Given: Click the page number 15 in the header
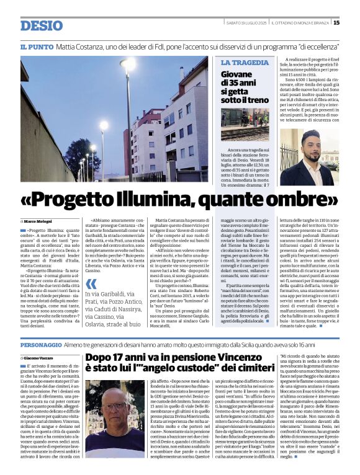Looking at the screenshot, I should (x=336, y=23).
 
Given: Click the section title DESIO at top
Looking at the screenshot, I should (x=41, y=25).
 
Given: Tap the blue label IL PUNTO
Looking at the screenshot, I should (x=36, y=47).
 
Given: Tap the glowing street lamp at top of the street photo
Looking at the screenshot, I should (x=128, y=64).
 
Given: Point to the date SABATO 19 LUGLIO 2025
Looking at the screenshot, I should (x=246, y=23).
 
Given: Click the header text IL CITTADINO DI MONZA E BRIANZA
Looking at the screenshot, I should (x=300, y=23).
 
